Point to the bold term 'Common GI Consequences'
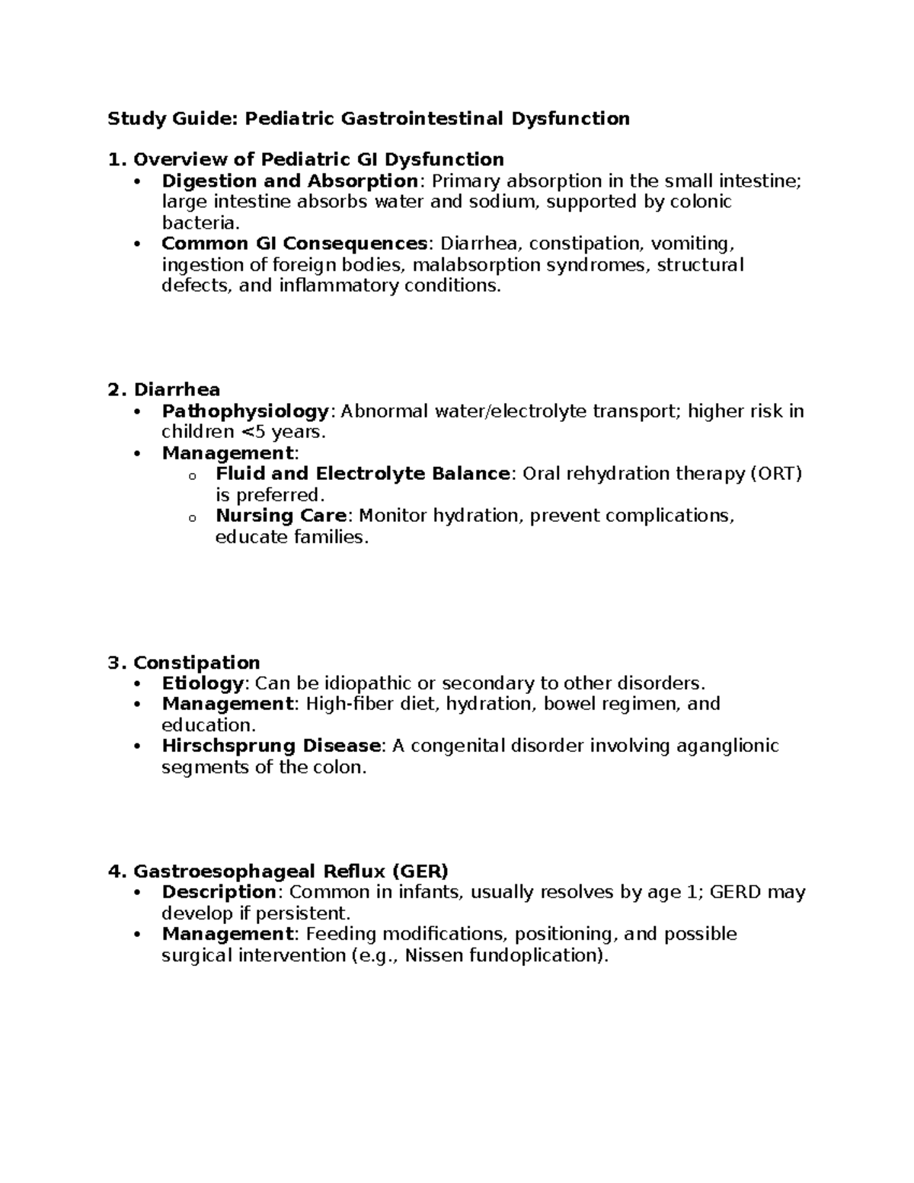coord(295,244)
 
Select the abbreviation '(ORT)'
coord(777,474)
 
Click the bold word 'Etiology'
coord(203,683)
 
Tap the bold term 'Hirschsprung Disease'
coord(271,746)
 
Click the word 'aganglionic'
coord(727,746)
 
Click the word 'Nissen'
coord(434,955)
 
